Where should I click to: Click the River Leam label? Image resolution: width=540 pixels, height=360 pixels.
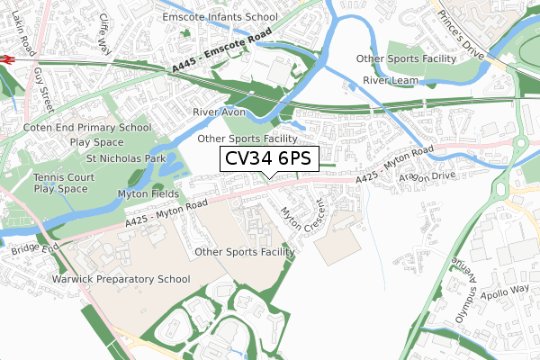tap(392, 81)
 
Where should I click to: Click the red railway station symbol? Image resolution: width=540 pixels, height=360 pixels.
tap(5, 58)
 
